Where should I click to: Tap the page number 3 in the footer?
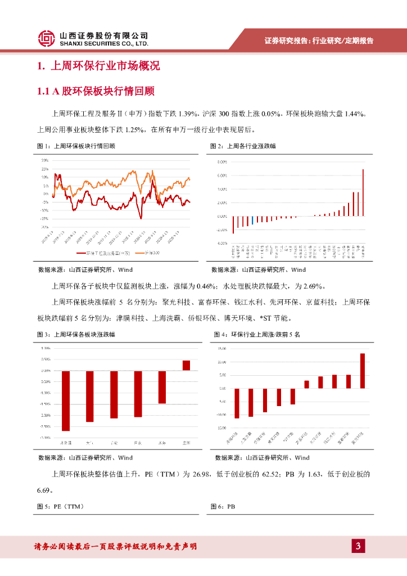[x=358, y=546]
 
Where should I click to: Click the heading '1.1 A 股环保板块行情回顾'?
[x=96, y=91]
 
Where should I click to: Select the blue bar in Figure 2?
[x=252, y=220]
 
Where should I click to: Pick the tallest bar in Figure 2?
[x=363, y=192]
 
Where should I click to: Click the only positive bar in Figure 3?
[x=186, y=365]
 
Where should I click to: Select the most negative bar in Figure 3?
[x=66, y=400]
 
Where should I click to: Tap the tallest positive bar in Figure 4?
[x=363, y=371]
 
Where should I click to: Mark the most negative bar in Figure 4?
[x=237, y=403]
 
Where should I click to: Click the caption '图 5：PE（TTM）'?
[x=60, y=507]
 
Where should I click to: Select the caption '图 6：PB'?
[x=223, y=507]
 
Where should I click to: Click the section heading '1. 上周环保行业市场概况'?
[x=99, y=66]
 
